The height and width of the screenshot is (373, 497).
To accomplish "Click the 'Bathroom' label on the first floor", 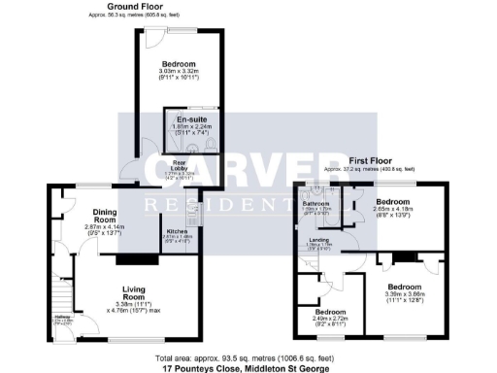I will (x=316, y=203).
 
